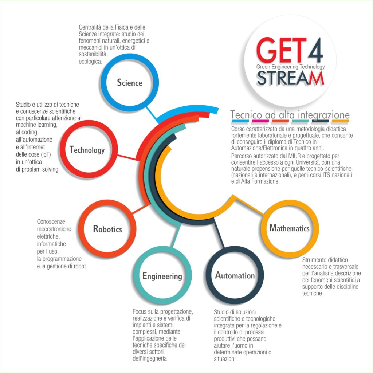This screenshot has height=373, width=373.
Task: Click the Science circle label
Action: coord(130,83)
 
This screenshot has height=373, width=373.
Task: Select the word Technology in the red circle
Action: coord(87,150)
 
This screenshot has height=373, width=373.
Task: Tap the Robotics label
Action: coord(107,229)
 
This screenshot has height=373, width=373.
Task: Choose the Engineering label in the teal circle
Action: coord(162,276)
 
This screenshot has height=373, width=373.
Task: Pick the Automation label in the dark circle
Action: coord(235,275)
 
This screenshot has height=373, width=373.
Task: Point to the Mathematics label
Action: coord(289,228)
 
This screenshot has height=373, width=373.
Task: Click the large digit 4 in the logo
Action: coord(315,50)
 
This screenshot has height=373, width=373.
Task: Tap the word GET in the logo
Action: coord(282,50)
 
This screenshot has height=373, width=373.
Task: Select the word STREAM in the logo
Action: coord(290,78)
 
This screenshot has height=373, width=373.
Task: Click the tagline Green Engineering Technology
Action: coord(290,67)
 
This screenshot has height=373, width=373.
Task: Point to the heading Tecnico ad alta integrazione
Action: coord(290,115)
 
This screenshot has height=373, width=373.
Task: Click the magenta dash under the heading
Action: coord(260,121)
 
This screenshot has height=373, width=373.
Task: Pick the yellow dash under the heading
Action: coord(340,121)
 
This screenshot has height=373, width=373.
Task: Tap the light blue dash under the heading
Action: coord(240,121)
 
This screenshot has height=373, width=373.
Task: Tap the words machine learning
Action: coord(37,125)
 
